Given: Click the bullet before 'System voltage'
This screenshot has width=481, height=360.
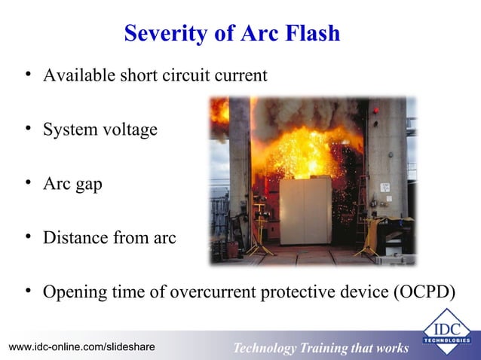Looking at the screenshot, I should [27, 128].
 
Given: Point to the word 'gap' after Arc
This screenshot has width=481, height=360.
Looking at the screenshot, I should [87, 185].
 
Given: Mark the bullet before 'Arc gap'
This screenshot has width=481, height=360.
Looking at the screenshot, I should [27, 183].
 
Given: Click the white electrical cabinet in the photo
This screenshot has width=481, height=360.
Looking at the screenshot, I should [305, 211].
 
